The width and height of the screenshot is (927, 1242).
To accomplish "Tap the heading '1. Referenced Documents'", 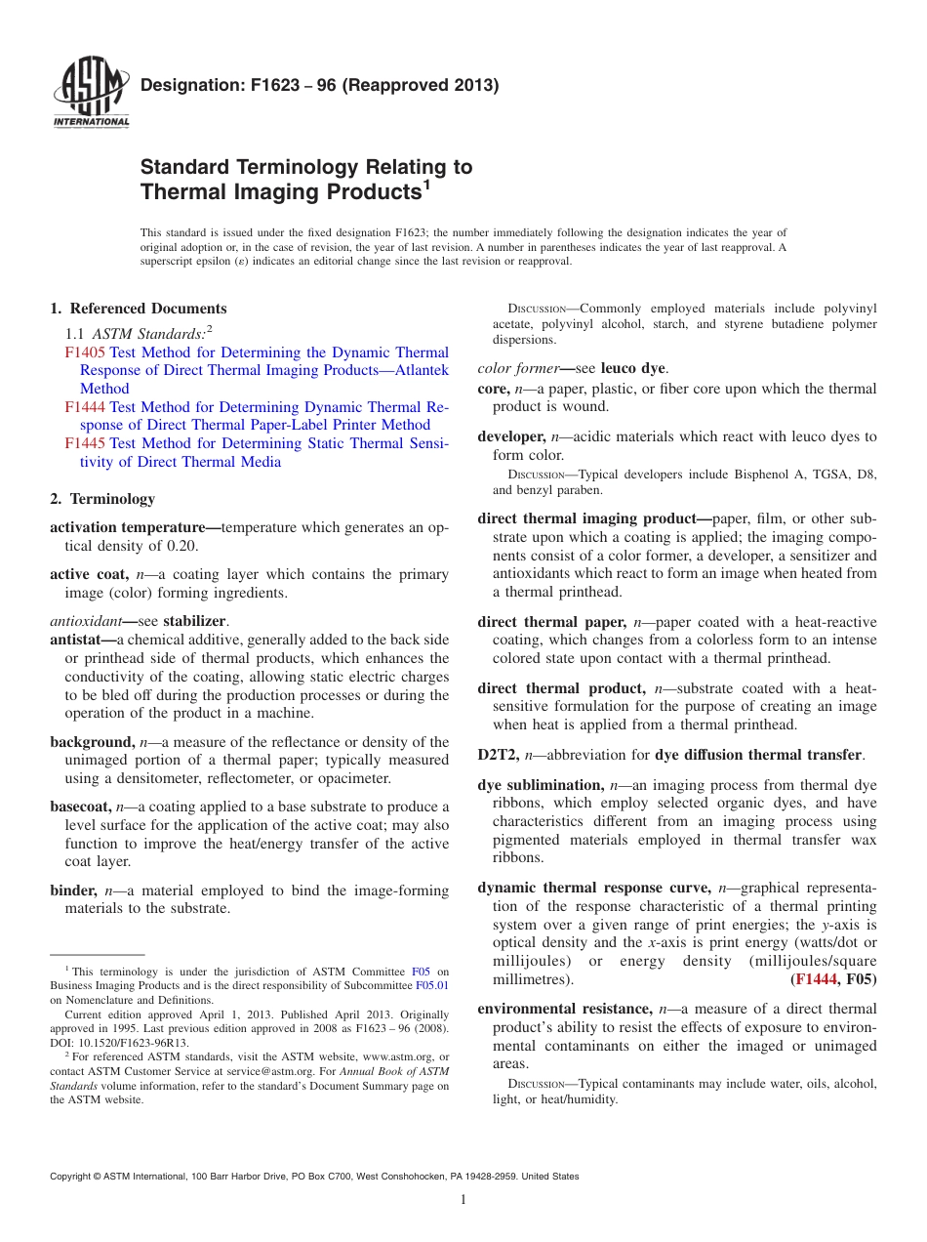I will point(139,309).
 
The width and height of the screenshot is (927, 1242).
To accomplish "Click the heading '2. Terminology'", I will point(102,499).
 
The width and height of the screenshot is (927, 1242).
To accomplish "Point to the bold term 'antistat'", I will point(82,640).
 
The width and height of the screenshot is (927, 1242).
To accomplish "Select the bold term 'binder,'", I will point(74,890).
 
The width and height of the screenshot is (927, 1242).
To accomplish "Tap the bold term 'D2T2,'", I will point(499,754).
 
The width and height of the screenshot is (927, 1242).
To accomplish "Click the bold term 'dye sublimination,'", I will point(541,785).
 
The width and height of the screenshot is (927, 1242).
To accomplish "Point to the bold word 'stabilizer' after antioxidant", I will point(196,621).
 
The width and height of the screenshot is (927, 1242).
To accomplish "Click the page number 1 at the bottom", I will point(463,1199).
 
